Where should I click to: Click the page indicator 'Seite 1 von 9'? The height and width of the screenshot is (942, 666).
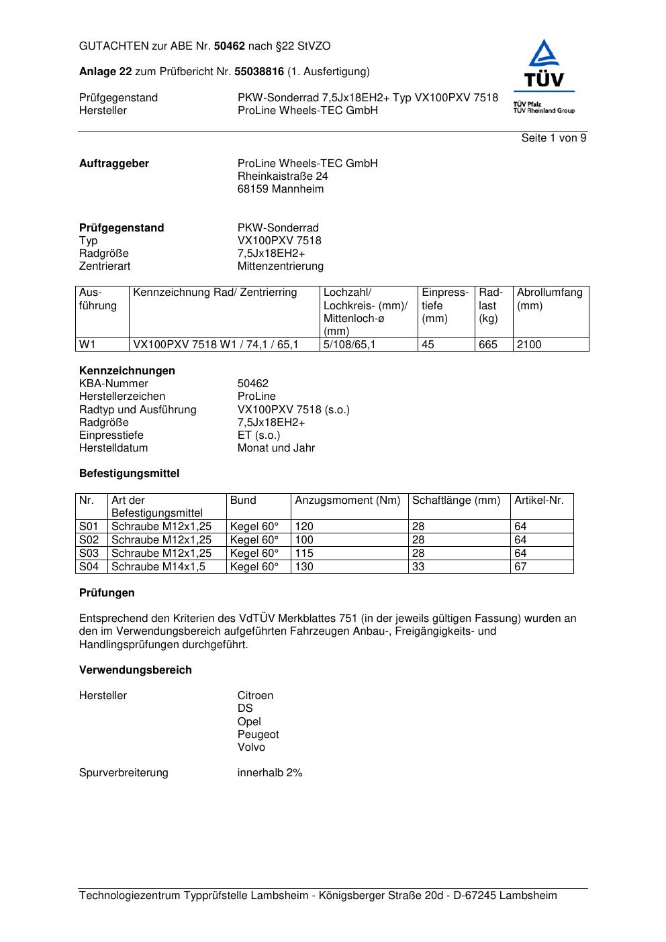click(x=554, y=138)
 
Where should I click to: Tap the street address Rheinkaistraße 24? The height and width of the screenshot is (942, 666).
click(x=283, y=176)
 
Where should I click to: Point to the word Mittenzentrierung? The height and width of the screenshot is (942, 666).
click(x=280, y=266)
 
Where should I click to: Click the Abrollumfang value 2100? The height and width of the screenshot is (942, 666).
click(x=529, y=345)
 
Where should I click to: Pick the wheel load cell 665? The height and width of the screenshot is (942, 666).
click(x=488, y=345)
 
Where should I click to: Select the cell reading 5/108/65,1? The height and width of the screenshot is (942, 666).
click(x=350, y=345)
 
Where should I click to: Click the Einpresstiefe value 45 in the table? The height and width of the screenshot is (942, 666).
click(x=428, y=345)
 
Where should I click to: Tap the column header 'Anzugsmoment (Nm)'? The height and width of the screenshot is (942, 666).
click(x=348, y=501)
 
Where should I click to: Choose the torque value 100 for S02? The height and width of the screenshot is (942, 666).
click(x=304, y=540)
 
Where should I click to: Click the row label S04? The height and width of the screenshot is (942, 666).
click(x=89, y=567)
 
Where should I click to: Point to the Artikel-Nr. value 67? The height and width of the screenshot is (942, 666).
click(x=520, y=567)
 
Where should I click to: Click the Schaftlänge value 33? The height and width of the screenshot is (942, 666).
click(x=418, y=567)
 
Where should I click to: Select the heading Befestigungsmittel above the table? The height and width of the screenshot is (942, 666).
click(x=129, y=474)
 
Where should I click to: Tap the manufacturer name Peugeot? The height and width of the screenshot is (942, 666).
click(x=258, y=735)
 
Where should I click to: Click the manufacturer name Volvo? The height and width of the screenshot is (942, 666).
click(x=251, y=747)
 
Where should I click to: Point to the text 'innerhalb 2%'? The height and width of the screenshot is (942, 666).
click(x=270, y=773)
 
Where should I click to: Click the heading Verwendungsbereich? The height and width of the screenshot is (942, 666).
click(x=136, y=670)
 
